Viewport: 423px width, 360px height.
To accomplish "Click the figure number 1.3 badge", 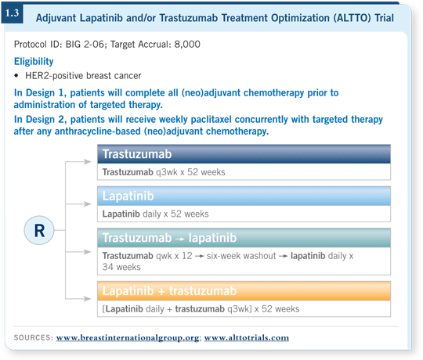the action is [12, 13].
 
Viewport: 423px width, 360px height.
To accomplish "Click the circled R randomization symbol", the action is [39, 230].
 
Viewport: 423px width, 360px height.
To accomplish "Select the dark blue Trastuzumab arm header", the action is [244, 154].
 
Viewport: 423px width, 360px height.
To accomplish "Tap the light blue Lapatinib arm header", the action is [244, 196].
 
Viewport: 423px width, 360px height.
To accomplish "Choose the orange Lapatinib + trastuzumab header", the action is [244, 291].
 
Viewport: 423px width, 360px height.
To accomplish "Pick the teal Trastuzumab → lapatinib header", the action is [244, 238].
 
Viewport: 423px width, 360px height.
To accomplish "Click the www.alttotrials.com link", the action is [247, 337].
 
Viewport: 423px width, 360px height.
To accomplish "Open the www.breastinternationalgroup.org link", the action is [128, 337].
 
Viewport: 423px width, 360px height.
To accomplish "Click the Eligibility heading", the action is [34, 62].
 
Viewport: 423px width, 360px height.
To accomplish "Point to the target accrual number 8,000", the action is [187, 44].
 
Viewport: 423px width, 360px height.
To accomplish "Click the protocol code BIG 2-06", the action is [85, 44].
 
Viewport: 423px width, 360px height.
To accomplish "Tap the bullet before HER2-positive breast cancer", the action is [16, 76].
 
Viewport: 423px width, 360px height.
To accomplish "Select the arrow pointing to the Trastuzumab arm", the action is [78, 162].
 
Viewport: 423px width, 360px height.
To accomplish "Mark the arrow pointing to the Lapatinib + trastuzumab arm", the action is [78, 298].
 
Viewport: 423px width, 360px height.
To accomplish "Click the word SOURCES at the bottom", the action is [34, 337].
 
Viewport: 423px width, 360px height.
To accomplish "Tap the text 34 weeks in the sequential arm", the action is [121, 267].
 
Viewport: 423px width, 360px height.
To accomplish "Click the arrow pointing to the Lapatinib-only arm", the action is [78, 204].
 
